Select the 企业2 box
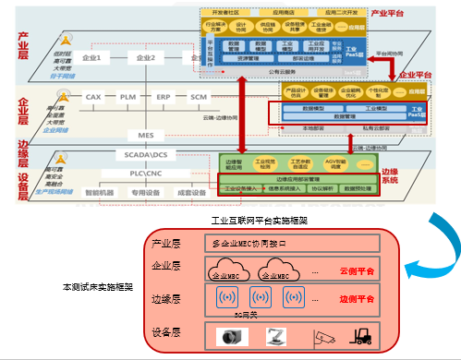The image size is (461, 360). tap(145, 58)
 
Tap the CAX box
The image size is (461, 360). tap(92, 96)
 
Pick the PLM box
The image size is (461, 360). tap(127, 96)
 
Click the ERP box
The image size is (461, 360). tap(163, 96)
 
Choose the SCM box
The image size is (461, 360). tap(198, 96)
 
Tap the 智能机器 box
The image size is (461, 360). tap(101, 194)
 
